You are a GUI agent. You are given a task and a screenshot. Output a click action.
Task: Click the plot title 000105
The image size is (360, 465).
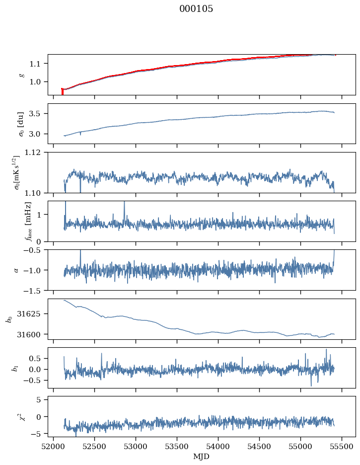(196, 8)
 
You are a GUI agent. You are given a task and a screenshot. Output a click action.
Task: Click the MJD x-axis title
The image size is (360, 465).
(202, 457)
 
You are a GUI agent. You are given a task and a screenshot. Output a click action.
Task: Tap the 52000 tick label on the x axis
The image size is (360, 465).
(53, 447)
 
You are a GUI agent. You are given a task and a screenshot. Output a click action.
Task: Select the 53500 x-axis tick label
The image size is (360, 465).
(177, 447)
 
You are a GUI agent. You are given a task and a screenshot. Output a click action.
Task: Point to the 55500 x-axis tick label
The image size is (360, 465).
(342, 447)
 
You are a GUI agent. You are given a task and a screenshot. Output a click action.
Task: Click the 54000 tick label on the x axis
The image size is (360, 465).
(218, 447)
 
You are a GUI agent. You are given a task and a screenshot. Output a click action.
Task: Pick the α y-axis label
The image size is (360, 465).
(16, 270)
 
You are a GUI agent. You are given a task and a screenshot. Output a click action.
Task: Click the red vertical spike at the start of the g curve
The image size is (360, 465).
(62, 91)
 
